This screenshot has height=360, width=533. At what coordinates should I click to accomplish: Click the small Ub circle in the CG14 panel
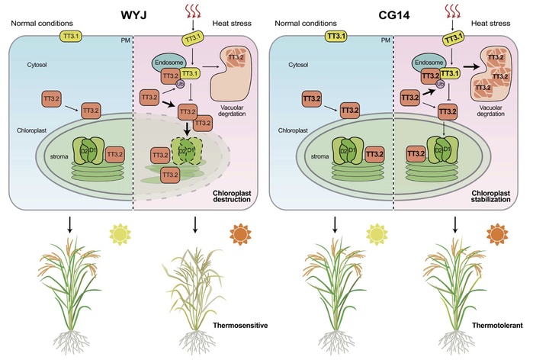pos(441,94)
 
